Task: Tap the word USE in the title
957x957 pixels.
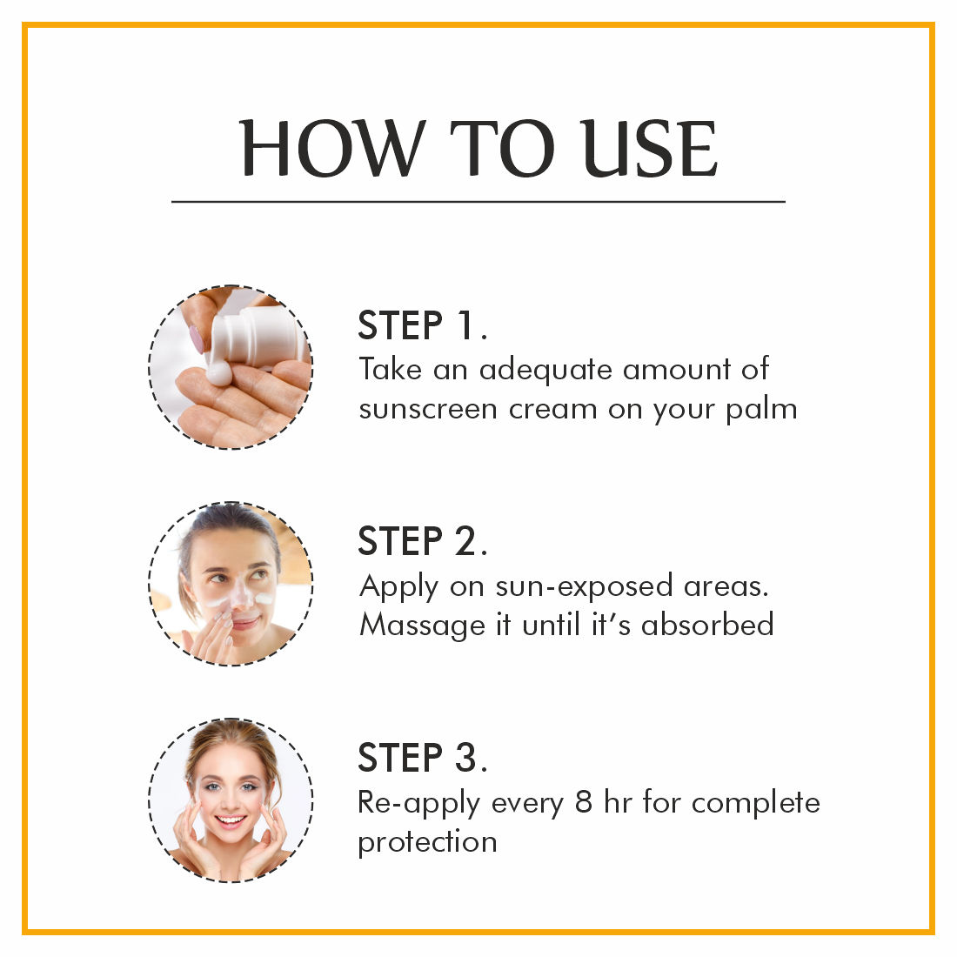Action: tap(649, 148)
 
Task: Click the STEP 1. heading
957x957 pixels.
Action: tap(422, 325)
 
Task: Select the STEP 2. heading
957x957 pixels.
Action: tap(422, 541)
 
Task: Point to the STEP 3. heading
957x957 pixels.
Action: tap(422, 758)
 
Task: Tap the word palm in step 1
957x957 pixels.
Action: tap(761, 409)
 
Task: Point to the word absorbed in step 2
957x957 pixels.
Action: tap(707, 625)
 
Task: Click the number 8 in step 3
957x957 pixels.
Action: tap(584, 802)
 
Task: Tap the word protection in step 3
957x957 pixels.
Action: tap(427, 843)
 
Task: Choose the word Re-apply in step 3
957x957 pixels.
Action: tap(418, 804)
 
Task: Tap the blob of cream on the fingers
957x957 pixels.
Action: tap(219, 372)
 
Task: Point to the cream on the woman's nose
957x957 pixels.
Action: tap(238, 596)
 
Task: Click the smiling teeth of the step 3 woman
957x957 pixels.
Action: tap(231, 820)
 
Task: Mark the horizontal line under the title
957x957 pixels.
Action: tap(478, 201)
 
